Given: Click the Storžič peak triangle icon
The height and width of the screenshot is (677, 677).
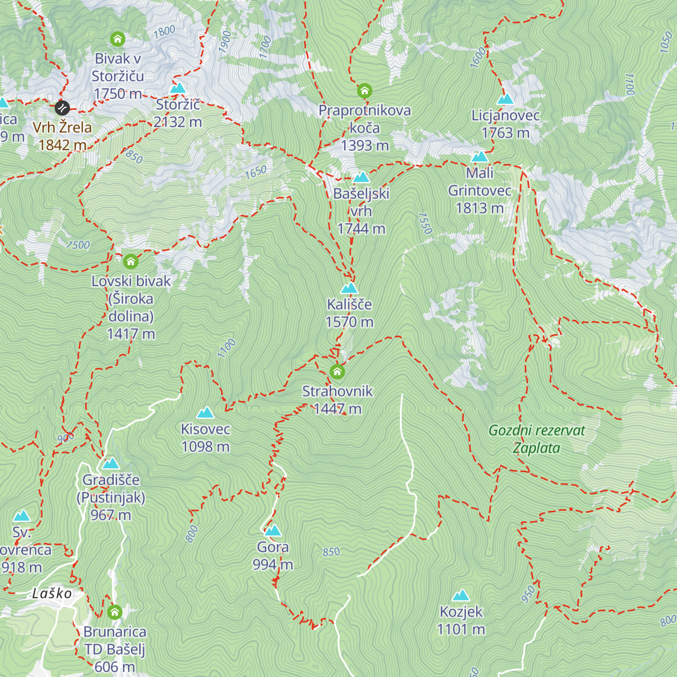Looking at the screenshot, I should pos(178,88).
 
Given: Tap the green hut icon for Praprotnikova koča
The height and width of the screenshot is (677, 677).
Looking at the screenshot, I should pos(364,90).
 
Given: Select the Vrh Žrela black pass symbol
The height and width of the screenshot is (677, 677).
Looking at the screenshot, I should pos(62,107).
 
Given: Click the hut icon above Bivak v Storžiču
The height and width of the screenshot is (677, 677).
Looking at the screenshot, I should pos(117,39).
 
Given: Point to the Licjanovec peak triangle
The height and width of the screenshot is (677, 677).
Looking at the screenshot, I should pos(505,99).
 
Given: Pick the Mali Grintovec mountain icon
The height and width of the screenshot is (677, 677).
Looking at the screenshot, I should pos(480,156).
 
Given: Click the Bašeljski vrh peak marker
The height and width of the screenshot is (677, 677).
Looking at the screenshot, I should pos(361,177).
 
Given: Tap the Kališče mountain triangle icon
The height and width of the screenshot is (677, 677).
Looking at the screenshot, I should pos(349,288).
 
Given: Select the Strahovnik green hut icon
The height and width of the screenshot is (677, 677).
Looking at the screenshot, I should pos(337,371).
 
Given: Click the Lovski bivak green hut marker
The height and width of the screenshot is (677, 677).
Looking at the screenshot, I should pos(131,261).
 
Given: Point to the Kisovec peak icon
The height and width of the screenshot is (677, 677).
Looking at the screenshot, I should pos(205,413).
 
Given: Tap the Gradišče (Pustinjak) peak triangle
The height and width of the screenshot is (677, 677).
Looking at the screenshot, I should pos(111,464).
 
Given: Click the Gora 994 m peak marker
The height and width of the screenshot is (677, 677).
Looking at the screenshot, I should pos(273,531).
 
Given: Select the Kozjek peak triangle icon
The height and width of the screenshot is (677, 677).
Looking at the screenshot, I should pos(461,596).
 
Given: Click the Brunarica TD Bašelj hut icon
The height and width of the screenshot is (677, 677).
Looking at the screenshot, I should pos(115,612).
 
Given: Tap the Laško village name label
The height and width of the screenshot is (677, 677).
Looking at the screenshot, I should pos(52,594).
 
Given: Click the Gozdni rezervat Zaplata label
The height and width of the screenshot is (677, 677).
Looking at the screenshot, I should pos(537,439).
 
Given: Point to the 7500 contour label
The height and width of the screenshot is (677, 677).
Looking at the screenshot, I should pos(78,245).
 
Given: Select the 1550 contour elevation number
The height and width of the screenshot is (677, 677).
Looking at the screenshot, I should pos(425,223).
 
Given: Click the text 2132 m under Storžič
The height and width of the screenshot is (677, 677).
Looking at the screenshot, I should pos(178,122).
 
